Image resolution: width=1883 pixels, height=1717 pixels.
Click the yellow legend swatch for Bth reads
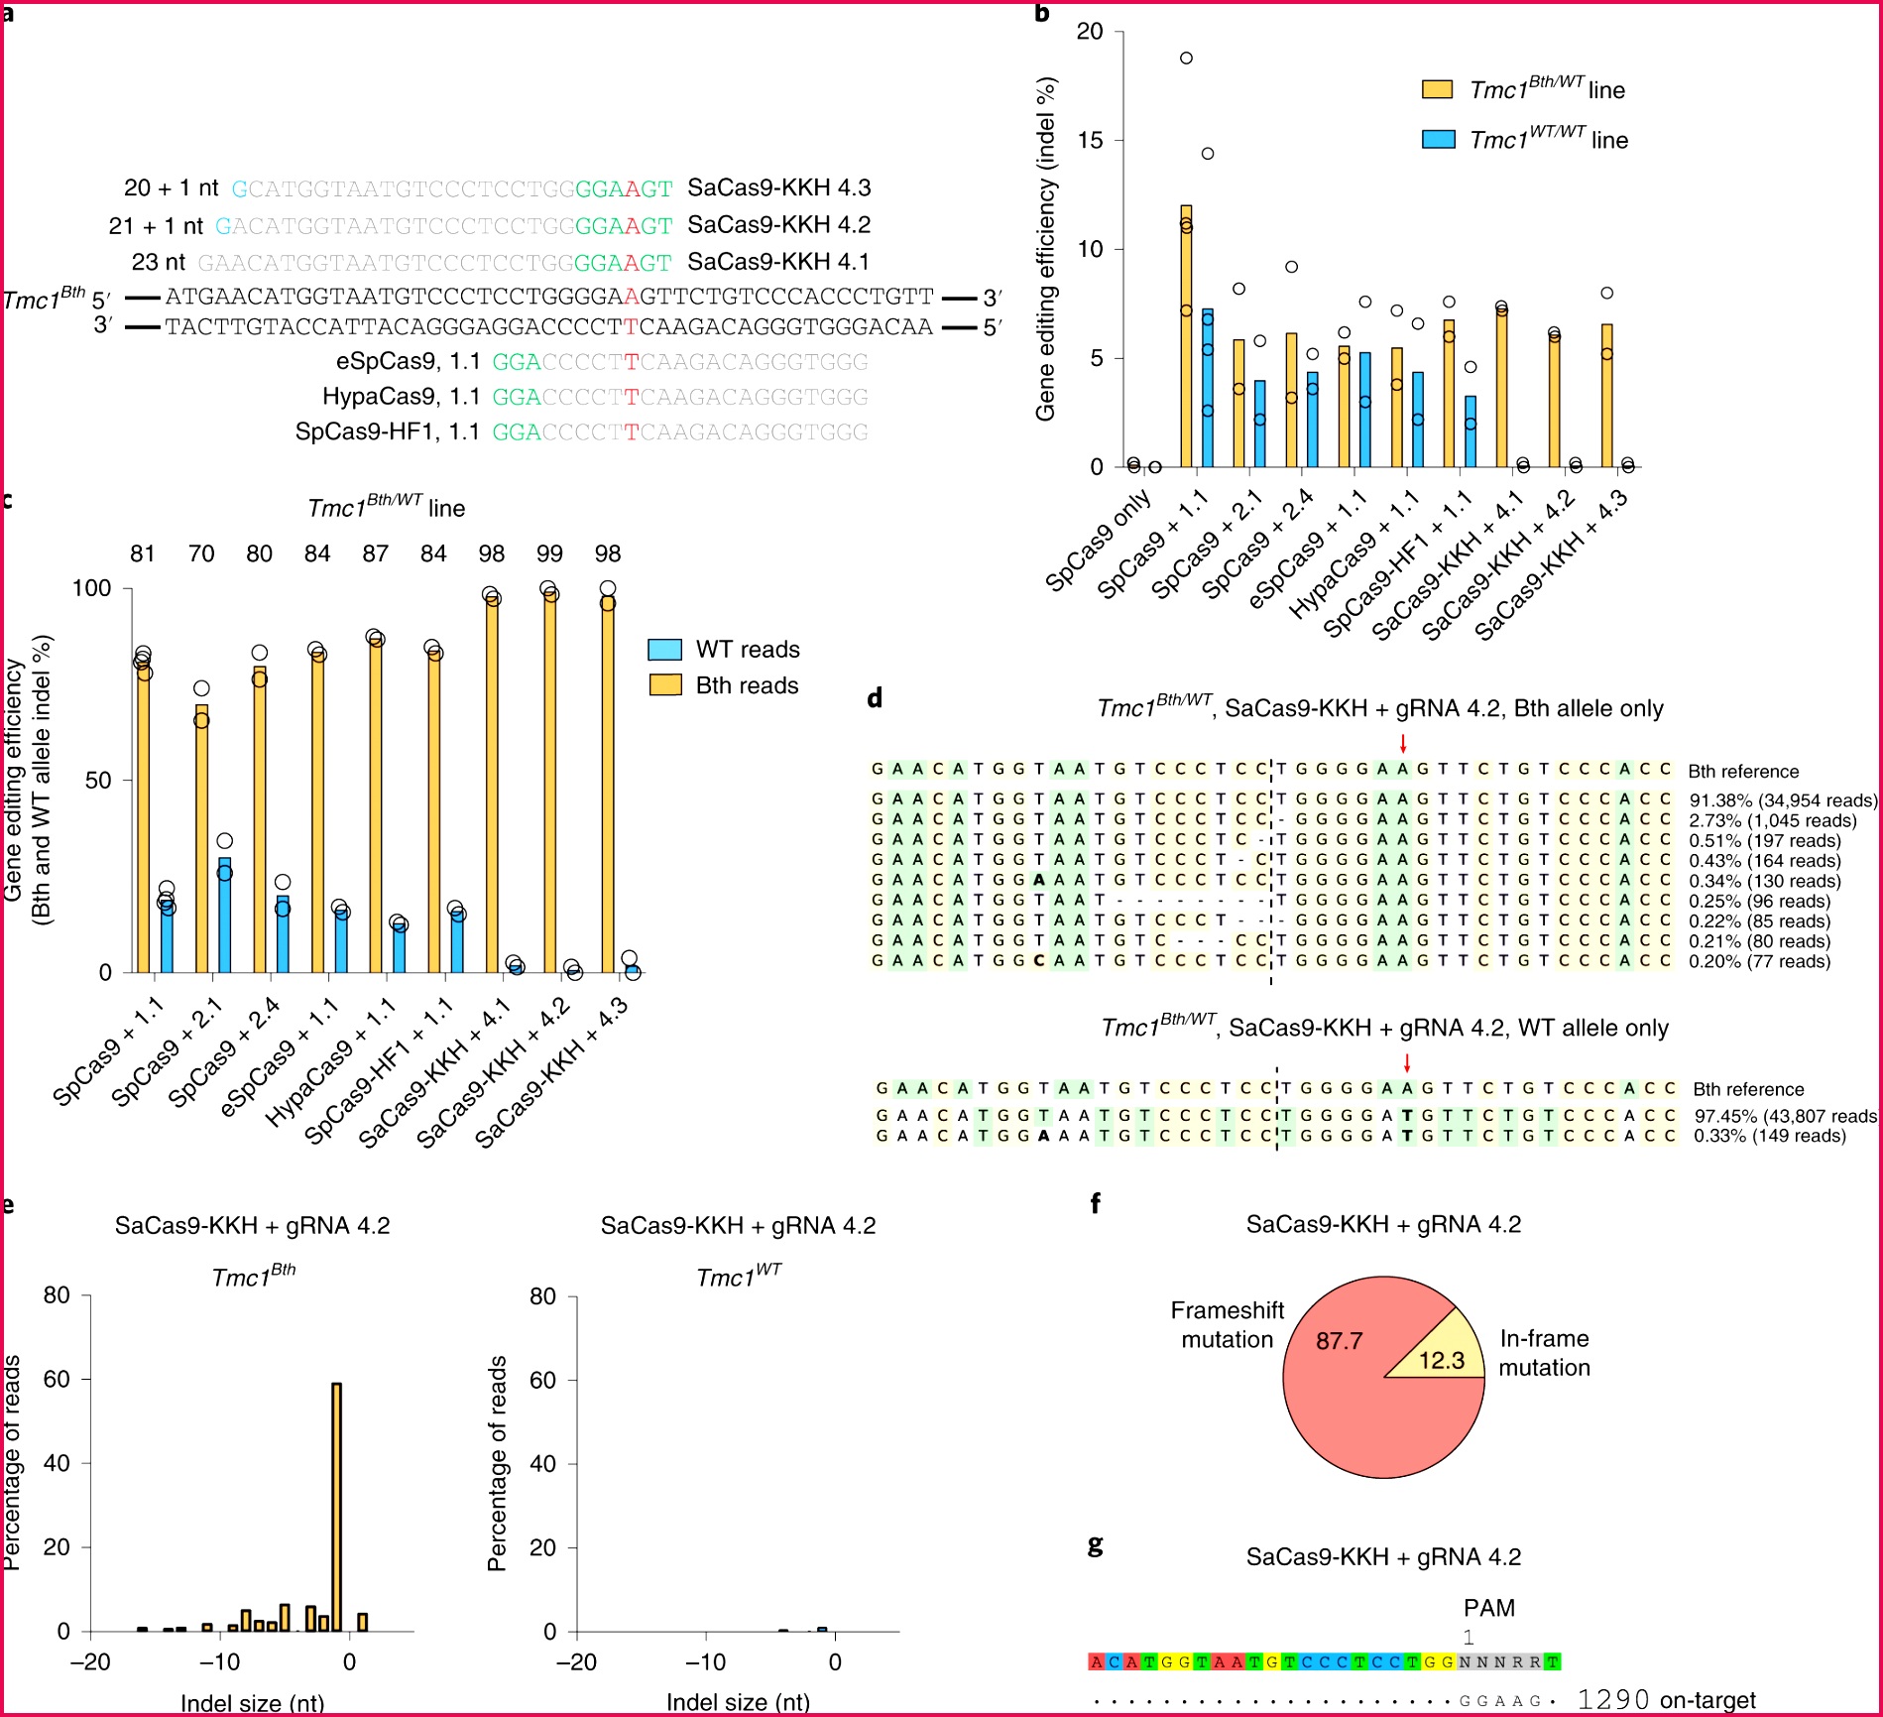coord(665,685)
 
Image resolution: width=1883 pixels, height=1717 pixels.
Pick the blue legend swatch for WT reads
coord(665,650)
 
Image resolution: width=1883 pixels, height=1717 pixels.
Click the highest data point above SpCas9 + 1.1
coord(1186,59)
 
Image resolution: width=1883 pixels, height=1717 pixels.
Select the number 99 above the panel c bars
coord(549,553)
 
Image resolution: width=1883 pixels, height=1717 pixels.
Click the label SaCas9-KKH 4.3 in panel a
coord(778,187)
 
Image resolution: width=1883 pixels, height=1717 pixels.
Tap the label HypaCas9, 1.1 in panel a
coord(401,397)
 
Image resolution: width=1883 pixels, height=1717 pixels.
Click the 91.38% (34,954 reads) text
coord(1782,800)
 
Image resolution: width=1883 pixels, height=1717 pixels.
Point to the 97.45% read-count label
coord(1785,1116)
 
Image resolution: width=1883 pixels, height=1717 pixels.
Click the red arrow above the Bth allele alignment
coord(1403,744)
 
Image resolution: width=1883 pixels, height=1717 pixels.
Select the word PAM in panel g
coord(1488,1608)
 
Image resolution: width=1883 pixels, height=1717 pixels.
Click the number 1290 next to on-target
coord(1613,1700)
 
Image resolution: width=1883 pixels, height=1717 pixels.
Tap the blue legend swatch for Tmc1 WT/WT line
coord(1438,140)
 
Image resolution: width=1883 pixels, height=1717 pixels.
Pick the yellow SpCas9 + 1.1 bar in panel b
coord(1186,336)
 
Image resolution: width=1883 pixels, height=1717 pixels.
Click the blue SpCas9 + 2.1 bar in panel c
coord(225,915)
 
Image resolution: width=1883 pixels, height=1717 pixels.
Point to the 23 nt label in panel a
coord(159,262)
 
